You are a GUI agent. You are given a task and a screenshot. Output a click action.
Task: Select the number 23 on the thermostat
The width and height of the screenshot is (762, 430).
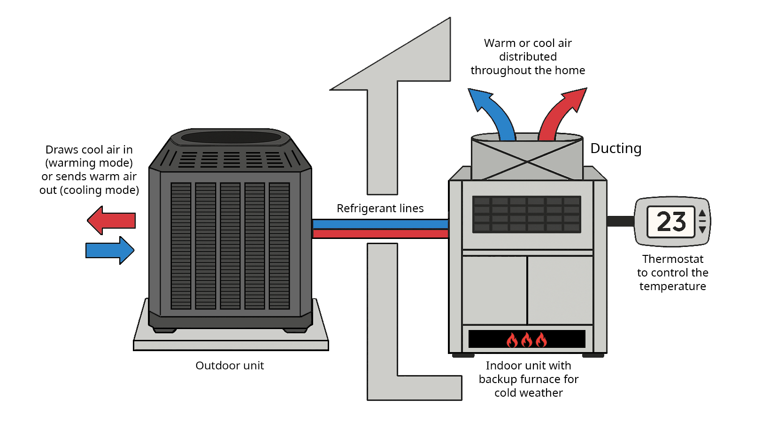671,222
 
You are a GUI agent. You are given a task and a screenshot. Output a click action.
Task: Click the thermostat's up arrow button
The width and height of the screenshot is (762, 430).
702,213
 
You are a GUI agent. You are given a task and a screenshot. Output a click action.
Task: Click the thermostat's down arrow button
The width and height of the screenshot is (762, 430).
702,230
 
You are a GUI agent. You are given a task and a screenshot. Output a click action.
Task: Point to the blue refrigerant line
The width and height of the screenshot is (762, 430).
380,224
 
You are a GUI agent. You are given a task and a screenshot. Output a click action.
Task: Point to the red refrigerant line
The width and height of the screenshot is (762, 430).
380,233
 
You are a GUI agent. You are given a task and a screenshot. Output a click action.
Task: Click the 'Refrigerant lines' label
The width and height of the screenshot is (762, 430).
380,208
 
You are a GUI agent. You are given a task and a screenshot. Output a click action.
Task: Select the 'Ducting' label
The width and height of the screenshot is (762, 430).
616,148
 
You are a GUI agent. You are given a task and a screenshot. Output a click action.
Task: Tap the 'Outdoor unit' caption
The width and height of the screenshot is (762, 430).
230,366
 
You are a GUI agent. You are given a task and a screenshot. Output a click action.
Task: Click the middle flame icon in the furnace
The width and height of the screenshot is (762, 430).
527,339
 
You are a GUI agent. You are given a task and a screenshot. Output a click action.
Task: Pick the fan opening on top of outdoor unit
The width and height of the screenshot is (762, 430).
231,137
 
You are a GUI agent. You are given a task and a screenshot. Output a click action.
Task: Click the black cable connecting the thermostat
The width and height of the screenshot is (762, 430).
620,221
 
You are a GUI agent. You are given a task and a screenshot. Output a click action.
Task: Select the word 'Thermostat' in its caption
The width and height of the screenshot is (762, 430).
672,259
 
